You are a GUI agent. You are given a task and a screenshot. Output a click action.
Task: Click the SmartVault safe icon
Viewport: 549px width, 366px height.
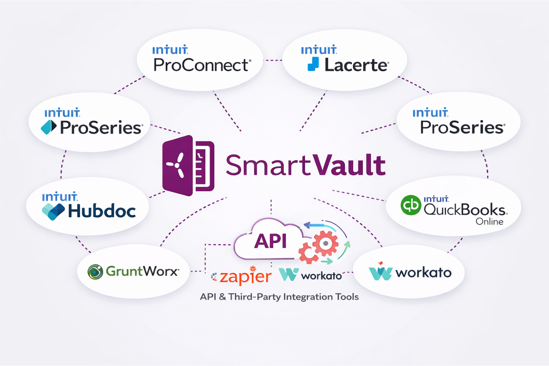[x=188, y=165]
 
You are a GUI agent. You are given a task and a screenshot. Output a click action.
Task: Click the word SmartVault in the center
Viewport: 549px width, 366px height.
[x=305, y=165]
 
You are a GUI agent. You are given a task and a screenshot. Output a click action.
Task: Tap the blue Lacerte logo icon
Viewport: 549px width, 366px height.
[x=313, y=64]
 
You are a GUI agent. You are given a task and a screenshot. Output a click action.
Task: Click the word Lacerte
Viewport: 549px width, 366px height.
[x=356, y=66]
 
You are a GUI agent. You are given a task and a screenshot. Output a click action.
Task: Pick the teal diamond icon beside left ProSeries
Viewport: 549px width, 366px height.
[x=49, y=127]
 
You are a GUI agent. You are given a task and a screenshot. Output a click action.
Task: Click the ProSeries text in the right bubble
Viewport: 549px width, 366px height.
[x=462, y=128]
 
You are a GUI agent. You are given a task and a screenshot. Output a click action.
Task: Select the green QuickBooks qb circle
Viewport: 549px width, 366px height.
[x=411, y=205]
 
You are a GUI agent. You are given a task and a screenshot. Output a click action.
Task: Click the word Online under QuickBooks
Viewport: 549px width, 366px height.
[x=489, y=222]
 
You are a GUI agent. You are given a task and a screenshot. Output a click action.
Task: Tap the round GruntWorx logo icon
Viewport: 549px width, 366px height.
[x=95, y=272]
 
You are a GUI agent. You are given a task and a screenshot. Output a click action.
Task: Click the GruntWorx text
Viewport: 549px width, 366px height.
[x=142, y=271]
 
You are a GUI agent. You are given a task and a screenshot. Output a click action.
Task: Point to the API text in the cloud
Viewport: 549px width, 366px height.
[x=270, y=241]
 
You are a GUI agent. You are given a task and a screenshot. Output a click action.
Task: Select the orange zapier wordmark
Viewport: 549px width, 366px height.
[x=245, y=277]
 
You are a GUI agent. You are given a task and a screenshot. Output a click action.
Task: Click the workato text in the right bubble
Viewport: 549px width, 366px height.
[x=423, y=273]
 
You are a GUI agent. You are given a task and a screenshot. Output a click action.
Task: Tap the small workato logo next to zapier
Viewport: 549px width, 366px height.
[x=289, y=275]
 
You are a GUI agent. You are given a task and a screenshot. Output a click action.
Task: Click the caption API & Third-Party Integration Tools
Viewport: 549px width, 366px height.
[x=279, y=297]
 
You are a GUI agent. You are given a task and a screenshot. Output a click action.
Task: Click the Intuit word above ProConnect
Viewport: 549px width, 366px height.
[x=170, y=50]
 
